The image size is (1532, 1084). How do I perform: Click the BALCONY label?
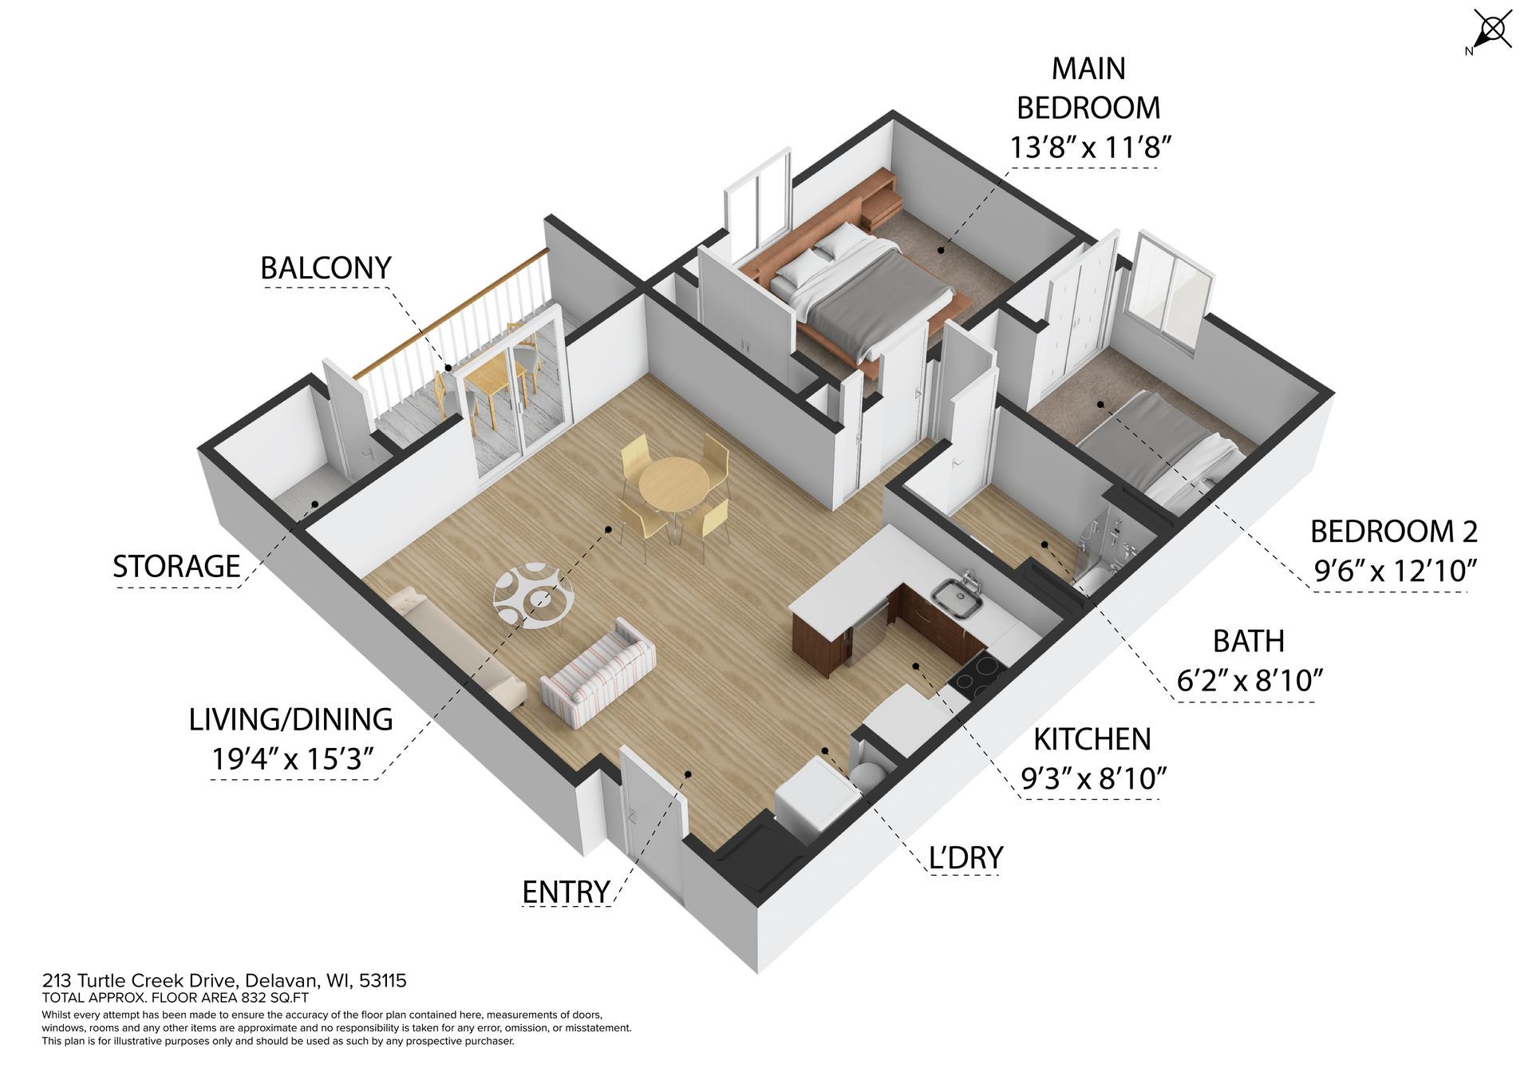coord(326,267)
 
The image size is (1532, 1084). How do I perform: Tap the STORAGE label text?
coord(176,566)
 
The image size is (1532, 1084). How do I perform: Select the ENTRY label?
coord(566,892)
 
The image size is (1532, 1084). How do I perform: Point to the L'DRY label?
coord(965,857)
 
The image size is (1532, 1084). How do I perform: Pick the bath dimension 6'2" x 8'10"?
coord(1250,680)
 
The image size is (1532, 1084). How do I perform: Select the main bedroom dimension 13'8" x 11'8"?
coord(1090,147)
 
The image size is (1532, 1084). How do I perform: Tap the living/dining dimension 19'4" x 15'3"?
coord(292,758)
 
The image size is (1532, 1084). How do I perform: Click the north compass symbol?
coord(1490,32)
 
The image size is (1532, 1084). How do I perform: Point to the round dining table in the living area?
coord(673,484)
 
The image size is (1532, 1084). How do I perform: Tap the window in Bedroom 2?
coord(1171,291)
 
